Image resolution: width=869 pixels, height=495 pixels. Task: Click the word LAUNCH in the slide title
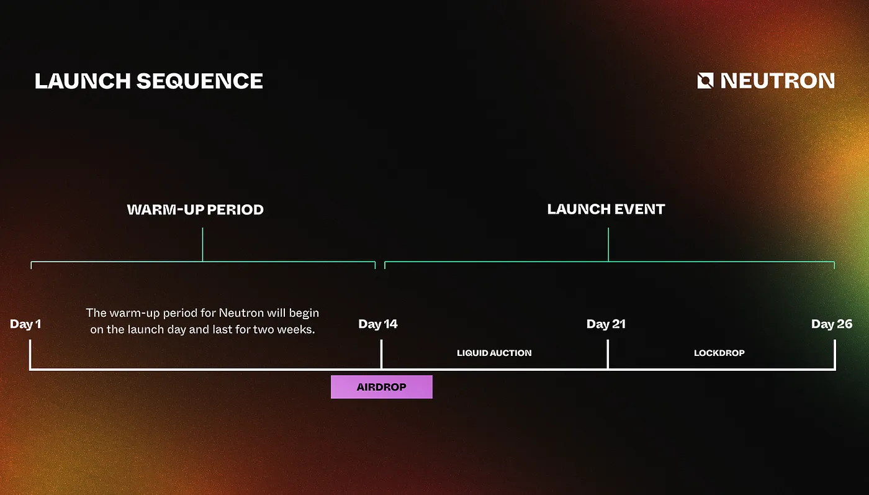point(83,81)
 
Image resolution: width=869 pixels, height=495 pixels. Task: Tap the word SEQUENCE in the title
point(200,81)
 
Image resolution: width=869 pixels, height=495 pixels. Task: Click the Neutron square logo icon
point(705,81)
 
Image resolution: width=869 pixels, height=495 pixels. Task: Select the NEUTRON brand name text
point(777,81)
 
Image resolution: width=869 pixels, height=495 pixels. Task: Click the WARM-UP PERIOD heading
point(195,210)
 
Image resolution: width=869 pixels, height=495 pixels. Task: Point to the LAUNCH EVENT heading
point(606,209)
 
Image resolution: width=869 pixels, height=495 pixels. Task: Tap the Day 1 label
point(25,324)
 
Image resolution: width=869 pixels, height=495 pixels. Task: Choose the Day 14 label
point(378,324)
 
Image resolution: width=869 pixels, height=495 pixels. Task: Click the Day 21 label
point(606,324)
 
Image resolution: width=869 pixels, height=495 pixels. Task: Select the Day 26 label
point(832,324)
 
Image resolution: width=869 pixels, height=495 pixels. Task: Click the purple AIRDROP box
point(381,387)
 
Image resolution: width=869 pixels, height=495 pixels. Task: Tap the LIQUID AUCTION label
point(494,353)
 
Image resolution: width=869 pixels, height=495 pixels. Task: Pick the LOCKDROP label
point(719,353)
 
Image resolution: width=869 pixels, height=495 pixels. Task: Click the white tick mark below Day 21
point(608,354)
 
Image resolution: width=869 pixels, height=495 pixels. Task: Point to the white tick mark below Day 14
point(381,354)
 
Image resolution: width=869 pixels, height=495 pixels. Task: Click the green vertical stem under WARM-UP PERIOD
point(202,245)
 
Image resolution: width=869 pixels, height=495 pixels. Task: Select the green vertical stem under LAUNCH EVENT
point(608,245)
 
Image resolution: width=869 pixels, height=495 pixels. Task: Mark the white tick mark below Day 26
point(834,354)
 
